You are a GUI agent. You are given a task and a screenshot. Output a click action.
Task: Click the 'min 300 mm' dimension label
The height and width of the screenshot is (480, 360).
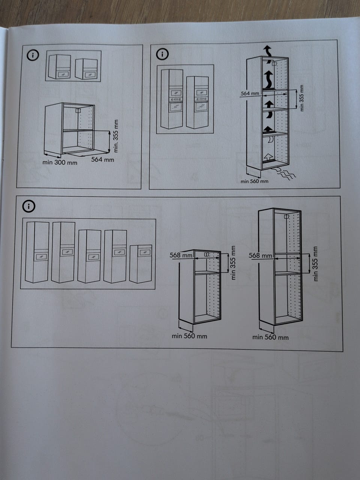[60, 162]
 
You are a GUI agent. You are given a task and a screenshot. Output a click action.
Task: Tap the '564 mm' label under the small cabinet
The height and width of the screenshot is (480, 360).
[102, 159]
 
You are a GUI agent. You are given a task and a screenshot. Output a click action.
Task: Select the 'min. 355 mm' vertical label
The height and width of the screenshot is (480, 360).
[116, 136]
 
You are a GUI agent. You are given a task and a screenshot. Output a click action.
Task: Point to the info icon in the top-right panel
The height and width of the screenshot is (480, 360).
[162, 54]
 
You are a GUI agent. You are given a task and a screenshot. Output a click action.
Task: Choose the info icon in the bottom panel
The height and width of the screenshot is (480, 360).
[29, 206]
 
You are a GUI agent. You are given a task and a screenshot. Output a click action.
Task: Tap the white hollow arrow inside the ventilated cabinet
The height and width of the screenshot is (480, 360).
[268, 157]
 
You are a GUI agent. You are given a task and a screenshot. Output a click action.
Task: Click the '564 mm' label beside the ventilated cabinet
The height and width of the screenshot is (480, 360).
[250, 93]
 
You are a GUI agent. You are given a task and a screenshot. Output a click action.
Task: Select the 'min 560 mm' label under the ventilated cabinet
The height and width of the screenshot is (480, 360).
[254, 181]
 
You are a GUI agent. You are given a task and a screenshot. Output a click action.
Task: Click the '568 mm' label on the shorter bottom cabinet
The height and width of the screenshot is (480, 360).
[181, 255]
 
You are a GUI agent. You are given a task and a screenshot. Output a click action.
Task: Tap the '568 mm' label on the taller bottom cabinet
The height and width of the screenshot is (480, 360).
[260, 255]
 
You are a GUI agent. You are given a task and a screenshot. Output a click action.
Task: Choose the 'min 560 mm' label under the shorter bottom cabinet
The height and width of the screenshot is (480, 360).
[189, 336]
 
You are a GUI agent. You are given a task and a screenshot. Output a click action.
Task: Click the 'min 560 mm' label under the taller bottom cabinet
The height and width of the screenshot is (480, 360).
[270, 337]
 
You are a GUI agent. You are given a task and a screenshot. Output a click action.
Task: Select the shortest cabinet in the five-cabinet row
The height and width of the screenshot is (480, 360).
[141, 264]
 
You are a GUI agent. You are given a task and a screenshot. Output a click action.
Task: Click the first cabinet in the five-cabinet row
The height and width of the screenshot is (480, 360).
[37, 252]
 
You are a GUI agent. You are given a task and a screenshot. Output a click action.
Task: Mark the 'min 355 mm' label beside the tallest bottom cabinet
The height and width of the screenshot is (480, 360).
[315, 264]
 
